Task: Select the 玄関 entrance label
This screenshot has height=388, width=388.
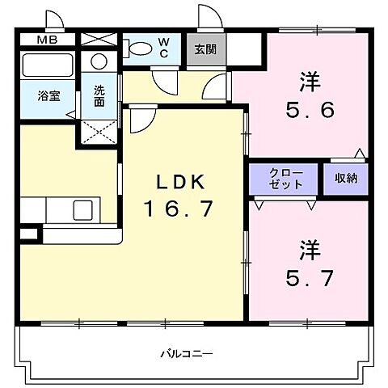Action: click(x=204, y=48)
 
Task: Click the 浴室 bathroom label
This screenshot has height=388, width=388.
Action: click(x=48, y=95)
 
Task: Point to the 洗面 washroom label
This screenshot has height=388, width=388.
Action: click(x=99, y=96)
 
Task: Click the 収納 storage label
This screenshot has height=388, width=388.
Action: click(x=346, y=179)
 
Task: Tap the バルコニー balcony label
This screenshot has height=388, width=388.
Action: click(x=186, y=354)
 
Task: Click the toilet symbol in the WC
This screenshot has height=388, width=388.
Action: click(x=141, y=48)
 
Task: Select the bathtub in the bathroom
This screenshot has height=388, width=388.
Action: click(x=47, y=65)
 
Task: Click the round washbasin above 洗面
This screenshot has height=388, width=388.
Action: click(x=99, y=61)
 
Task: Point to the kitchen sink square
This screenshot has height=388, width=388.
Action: click(x=84, y=210)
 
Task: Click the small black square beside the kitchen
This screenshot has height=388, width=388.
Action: click(x=29, y=234)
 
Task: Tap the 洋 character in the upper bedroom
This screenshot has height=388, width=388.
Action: click(x=308, y=82)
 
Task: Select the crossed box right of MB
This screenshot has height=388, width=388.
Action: click(x=99, y=39)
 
